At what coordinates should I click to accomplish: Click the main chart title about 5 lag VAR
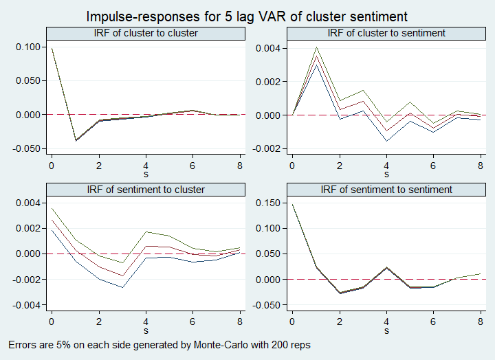tap(247, 15)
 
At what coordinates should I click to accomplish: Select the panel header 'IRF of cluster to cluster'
tap(145, 33)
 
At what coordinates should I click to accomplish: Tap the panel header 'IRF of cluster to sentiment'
tap(386, 33)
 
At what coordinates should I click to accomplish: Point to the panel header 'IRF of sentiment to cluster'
tap(145, 190)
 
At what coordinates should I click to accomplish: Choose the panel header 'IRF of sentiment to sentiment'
tap(386, 190)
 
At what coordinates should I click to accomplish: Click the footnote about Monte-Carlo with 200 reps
tap(159, 345)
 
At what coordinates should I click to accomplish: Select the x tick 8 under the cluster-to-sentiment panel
tap(480, 166)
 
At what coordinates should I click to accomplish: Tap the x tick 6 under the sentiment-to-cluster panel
tap(192, 322)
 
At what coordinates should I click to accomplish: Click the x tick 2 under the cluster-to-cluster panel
tap(98, 166)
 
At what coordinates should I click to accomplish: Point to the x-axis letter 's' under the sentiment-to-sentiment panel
tap(386, 331)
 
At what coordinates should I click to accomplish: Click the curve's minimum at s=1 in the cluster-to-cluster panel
tap(75, 141)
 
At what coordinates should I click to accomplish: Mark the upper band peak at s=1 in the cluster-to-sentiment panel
tap(316, 47)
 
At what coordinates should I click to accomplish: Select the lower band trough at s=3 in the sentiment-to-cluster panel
tap(122, 287)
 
